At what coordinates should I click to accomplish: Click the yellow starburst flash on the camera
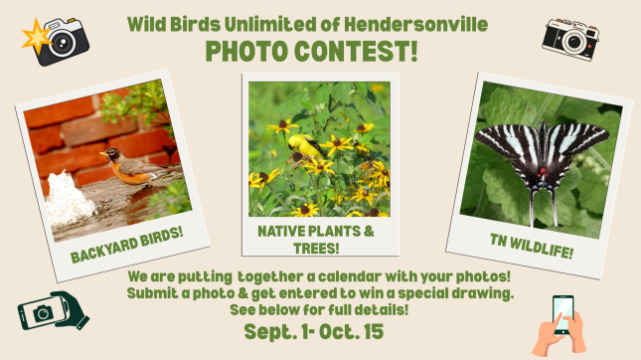tap(36, 37)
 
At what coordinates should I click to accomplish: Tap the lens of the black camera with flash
tap(63, 42)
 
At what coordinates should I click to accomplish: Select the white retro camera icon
tap(570, 40)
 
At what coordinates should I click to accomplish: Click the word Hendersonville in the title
tap(415, 25)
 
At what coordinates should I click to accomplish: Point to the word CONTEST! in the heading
tap(356, 51)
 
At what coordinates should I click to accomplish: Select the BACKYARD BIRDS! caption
tap(127, 245)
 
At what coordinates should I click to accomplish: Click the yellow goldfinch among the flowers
tap(307, 147)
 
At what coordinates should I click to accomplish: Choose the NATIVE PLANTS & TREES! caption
tap(316, 240)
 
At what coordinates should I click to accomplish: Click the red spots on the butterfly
tap(542, 173)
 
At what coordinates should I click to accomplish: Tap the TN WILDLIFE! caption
tap(532, 247)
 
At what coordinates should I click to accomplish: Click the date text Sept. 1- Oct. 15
tap(314, 331)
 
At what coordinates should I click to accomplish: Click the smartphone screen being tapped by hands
tap(563, 314)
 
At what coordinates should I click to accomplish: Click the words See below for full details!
tap(319, 309)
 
